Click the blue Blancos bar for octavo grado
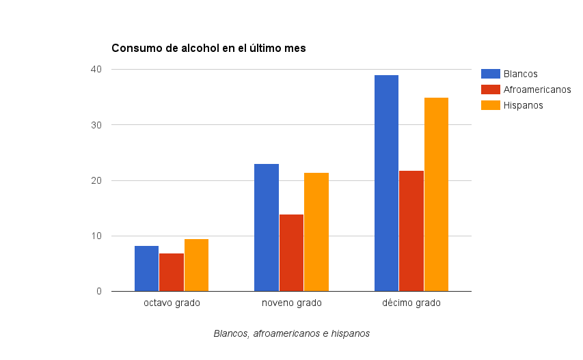tap(146, 268)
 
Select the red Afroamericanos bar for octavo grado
tap(172, 273)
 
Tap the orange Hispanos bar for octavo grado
tap(196, 265)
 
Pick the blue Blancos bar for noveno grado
tap(267, 227)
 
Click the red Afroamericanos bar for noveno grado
tap(291, 253)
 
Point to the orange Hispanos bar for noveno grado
tap(316, 232)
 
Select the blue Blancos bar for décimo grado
tap(386, 183)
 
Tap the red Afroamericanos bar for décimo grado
tap(411, 231)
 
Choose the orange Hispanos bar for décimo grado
tap(436, 195)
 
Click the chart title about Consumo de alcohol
tap(209, 49)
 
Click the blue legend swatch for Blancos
tap(490, 74)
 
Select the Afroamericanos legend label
tap(537, 89)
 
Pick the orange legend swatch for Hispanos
tap(490, 105)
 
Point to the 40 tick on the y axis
tap(96, 70)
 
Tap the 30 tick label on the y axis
tap(96, 125)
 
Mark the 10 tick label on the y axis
tap(96, 236)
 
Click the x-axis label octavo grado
tap(172, 303)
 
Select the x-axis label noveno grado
tap(291, 303)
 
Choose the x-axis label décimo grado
tap(411, 303)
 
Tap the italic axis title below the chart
tap(291, 334)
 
